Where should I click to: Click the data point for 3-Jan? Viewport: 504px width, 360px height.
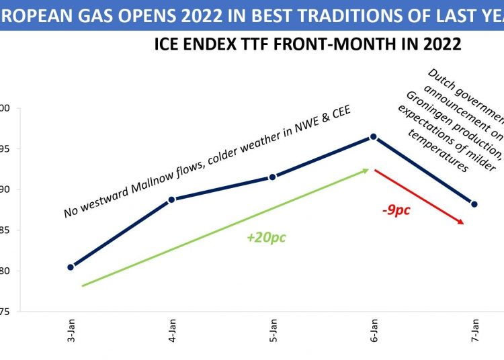pyautogui.click(x=71, y=267)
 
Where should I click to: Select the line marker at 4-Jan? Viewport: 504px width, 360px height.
pyautogui.click(x=171, y=199)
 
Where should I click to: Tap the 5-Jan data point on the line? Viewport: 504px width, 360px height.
pyautogui.click(x=272, y=177)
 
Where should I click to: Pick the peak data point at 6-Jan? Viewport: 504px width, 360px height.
pyautogui.click(x=374, y=137)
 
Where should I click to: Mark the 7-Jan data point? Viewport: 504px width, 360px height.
pyautogui.click(x=474, y=204)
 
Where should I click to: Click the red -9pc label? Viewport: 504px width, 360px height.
pyautogui.click(x=396, y=210)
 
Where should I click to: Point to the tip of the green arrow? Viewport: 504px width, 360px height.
pyautogui.click(x=368, y=170)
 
